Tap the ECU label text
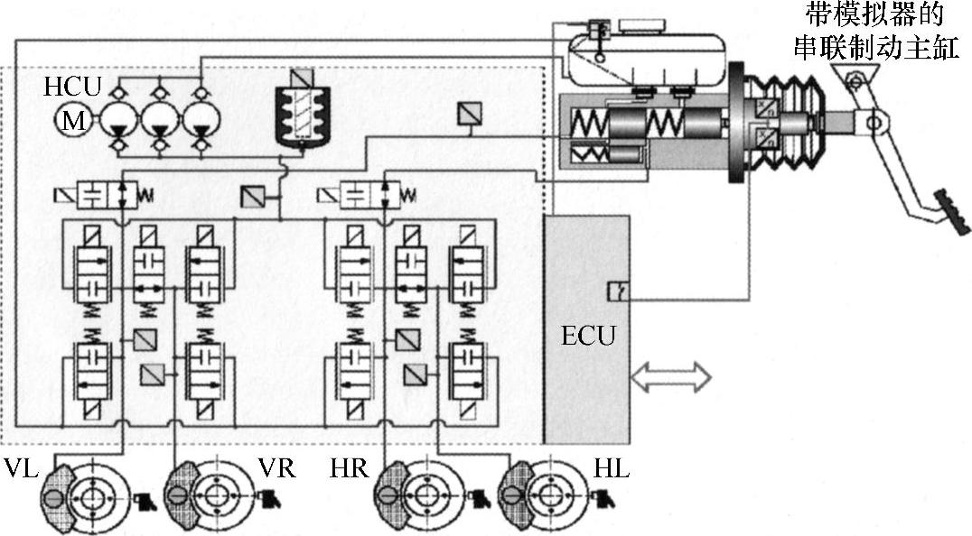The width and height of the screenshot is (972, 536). pyautogui.click(x=587, y=336)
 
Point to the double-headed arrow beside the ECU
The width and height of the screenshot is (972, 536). pyautogui.click(x=670, y=377)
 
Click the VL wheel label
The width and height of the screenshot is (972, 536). pyautogui.click(x=21, y=470)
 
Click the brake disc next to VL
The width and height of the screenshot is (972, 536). pyautogui.click(x=92, y=498)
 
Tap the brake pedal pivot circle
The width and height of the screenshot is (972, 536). pyautogui.click(x=873, y=119)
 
